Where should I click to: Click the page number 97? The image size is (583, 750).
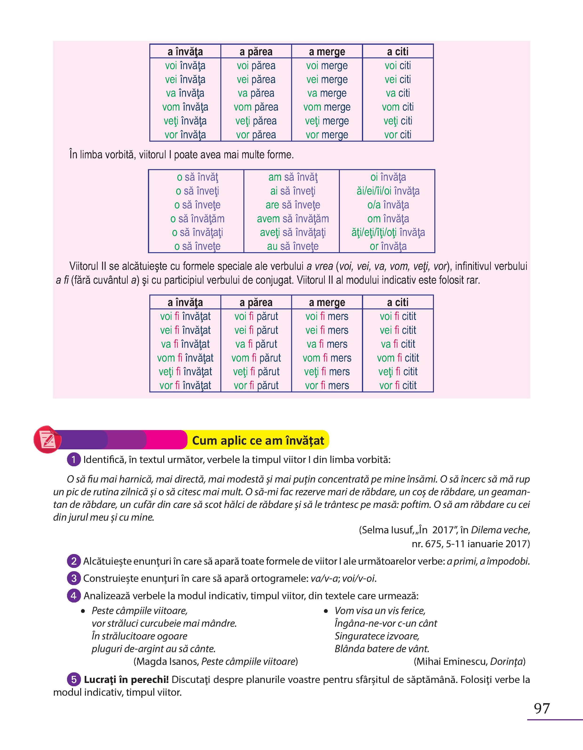click(542, 708)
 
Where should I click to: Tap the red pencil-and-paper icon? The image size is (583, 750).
click(47, 439)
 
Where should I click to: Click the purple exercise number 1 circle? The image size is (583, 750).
click(73, 459)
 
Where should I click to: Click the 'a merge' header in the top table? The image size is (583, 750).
click(327, 52)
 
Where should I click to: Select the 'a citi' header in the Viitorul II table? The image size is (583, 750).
click(398, 302)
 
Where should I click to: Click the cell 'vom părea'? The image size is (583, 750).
click(256, 107)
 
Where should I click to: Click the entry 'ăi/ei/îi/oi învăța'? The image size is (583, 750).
click(388, 191)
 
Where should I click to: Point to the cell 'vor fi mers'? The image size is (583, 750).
click(327, 385)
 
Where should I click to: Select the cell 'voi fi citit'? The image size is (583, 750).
click(398, 316)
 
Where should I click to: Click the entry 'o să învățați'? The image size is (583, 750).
click(197, 232)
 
